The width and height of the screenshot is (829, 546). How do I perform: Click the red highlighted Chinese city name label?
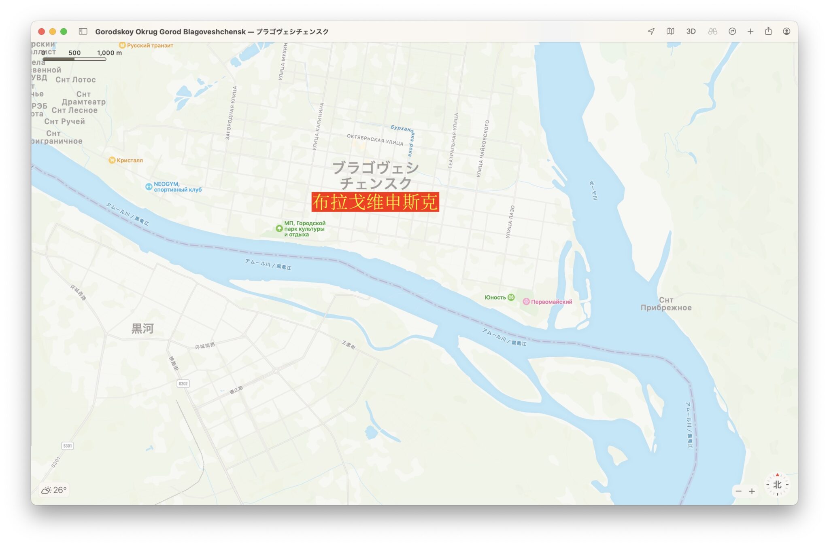(x=375, y=202)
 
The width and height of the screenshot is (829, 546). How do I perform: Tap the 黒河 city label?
(x=142, y=328)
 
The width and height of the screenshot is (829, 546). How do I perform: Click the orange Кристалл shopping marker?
(x=112, y=160)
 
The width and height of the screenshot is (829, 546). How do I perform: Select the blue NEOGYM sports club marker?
(x=149, y=186)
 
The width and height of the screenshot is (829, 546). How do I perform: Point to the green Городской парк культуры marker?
(x=279, y=229)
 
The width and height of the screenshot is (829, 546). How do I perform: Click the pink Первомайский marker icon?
(x=526, y=302)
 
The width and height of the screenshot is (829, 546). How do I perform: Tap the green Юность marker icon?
(x=511, y=297)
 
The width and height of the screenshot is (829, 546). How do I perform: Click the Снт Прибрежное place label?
(x=666, y=304)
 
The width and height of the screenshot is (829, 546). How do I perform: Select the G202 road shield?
(x=183, y=383)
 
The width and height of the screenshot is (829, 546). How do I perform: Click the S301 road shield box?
(x=68, y=446)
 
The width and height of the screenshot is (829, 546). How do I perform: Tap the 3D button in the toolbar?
(x=691, y=32)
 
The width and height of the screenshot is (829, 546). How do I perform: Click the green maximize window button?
(x=64, y=32)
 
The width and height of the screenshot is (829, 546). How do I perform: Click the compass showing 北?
(x=777, y=485)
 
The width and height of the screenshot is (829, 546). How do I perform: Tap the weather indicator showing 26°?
(x=54, y=490)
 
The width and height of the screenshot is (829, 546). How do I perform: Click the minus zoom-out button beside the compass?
(x=739, y=491)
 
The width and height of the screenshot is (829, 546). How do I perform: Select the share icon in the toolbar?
(x=768, y=32)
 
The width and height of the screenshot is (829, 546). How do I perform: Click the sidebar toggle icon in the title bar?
(x=83, y=32)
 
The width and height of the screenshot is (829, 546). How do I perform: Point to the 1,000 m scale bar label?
(x=109, y=53)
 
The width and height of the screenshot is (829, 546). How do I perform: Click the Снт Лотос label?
(x=76, y=80)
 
